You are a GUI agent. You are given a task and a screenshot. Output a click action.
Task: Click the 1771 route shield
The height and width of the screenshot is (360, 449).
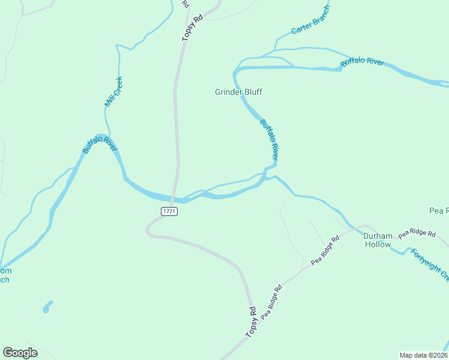pos(169,211)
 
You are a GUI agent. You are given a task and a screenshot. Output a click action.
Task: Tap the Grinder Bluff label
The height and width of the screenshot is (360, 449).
pos(238,92)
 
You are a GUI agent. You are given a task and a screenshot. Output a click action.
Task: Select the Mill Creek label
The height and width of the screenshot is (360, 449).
pos(113,92)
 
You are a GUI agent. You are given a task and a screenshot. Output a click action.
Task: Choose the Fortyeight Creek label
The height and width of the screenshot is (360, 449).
pos(430,265)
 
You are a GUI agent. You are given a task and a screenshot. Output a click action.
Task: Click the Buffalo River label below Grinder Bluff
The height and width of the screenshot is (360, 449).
pos(269,139)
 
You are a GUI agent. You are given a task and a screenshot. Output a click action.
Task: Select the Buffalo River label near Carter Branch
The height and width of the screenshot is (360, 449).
pos(362,63)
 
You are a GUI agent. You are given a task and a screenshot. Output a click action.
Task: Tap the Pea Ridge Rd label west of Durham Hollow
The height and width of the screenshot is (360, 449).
pos(325,251)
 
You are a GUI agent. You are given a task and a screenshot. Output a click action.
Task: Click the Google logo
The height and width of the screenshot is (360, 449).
pos(20,353)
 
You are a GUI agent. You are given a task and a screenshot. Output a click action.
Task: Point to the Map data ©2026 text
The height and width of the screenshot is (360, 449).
pos(424,355)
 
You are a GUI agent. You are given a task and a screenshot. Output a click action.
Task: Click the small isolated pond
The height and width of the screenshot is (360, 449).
pos(47,307)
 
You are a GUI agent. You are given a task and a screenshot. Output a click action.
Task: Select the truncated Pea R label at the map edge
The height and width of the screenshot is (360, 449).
pos(439,211)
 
